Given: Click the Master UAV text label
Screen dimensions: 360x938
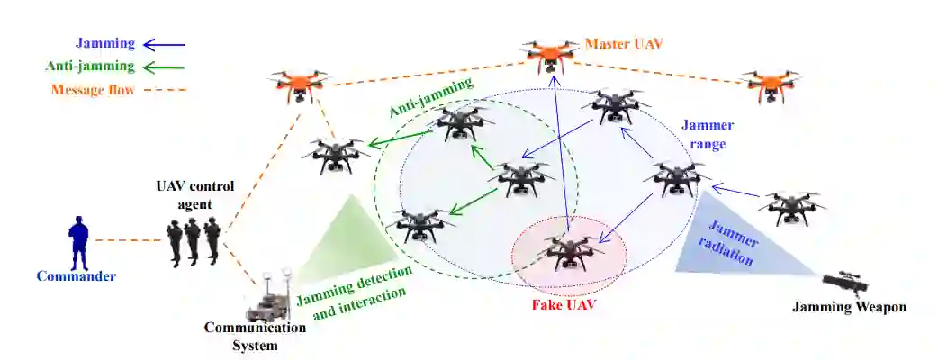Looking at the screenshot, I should click(624, 43).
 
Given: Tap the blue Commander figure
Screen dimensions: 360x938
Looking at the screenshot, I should click(79, 241).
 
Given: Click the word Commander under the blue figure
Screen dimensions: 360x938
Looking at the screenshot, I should click(77, 276).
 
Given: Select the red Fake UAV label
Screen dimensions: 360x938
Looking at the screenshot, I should click(565, 304).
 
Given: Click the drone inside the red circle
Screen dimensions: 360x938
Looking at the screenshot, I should click(567, 252).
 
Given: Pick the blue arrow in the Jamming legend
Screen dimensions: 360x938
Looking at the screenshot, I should click(164, 43).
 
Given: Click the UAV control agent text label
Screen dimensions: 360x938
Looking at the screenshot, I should click(195, 195).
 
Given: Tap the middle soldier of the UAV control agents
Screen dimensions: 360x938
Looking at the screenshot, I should click(192, 240).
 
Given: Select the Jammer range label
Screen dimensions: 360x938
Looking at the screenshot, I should click(705, 135).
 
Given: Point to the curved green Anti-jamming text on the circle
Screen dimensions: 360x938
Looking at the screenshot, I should click(430, 98).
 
